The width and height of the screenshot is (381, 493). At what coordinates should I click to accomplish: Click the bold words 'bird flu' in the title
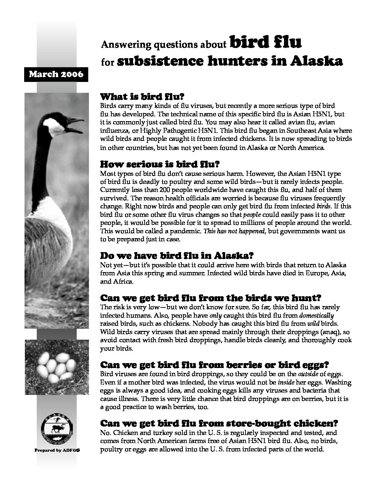pyautogui.click(x=265, y=43)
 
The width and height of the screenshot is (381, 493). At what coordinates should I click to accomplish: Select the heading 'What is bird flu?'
pyautogui.click(x=142, y=97)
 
